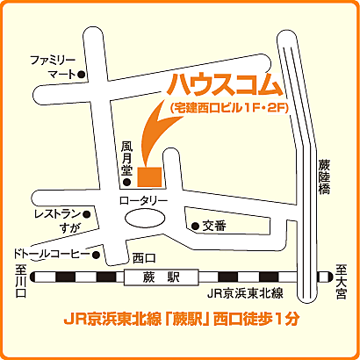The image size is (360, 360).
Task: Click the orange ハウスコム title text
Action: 223,85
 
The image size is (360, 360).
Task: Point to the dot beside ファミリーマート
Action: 81,75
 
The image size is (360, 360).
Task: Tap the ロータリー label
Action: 142,202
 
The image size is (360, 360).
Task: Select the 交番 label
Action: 214,226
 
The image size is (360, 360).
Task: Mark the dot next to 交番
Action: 194,227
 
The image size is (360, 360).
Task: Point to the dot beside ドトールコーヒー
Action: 97,256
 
